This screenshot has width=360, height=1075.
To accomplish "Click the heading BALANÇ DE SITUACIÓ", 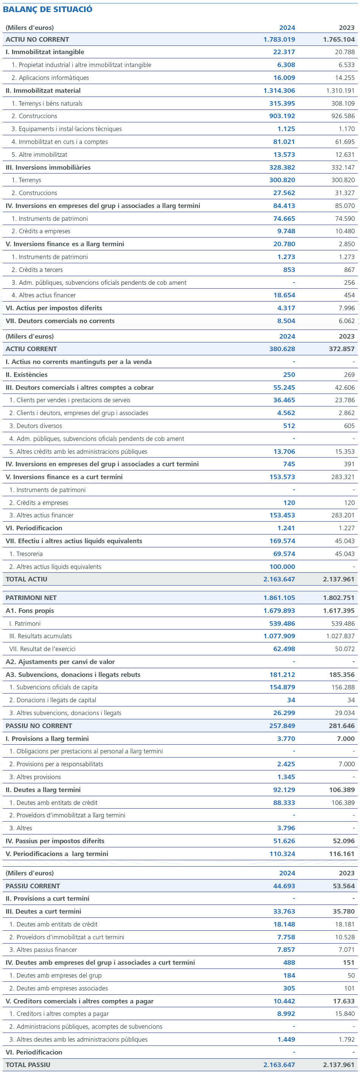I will click(x=48, y=9).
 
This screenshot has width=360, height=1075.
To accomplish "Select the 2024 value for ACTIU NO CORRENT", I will click(x=279, y=39).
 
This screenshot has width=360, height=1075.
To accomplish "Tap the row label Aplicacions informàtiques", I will click(x=53, y=78).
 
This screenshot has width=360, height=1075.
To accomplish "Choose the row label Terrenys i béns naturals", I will click(x=50, y=103).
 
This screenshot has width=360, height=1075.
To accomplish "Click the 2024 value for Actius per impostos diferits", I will click(x=286, y=308).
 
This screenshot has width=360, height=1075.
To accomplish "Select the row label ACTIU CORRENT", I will click(x=31, y=349).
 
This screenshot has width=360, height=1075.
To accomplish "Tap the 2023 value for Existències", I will click(x=349, y=375).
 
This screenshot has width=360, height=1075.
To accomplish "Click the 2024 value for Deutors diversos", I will click(x=289, y=426).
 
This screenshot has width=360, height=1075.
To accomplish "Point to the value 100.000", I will click(x=282, y=567).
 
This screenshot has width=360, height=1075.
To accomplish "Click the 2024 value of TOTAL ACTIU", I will click(x=279, y=579).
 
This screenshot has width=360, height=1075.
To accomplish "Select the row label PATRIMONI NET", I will click(x=31, y=598).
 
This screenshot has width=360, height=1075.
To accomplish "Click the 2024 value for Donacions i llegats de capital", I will click(x=291, y=700).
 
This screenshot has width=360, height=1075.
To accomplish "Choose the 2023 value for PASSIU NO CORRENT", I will click(x=342, y=726).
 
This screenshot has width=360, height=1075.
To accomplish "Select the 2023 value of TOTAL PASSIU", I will click(x=339, y=1064).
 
